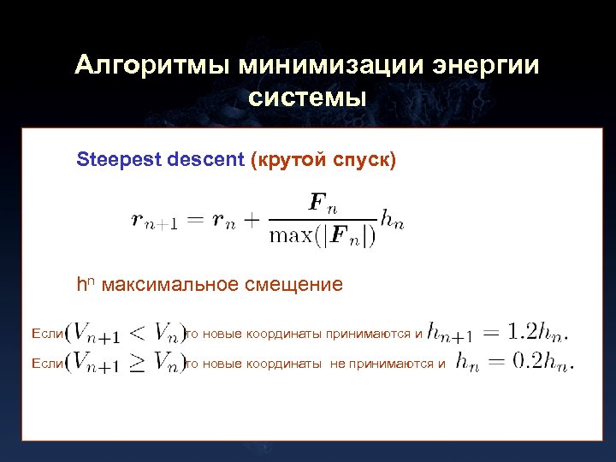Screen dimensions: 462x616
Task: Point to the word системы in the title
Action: [307, 98]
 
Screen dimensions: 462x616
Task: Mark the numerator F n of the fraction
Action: [323, 206]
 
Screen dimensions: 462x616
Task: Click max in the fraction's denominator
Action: [291, 235]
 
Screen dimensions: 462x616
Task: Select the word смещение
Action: [295, 284]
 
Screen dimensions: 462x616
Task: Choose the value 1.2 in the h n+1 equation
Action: [522, 329]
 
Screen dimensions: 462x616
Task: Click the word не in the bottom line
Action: [338, 364]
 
